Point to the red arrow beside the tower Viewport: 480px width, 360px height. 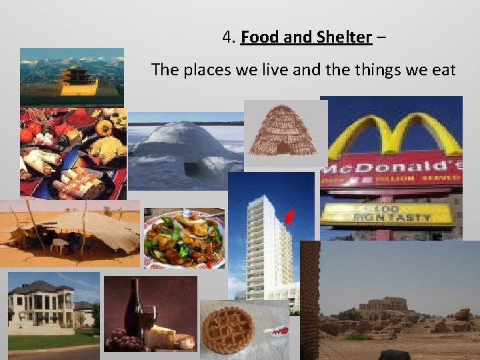pos(289,216)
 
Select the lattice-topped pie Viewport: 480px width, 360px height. pos(227,329)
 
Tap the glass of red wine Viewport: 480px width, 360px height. pos(146,318)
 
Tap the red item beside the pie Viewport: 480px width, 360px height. pos(276,330)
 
